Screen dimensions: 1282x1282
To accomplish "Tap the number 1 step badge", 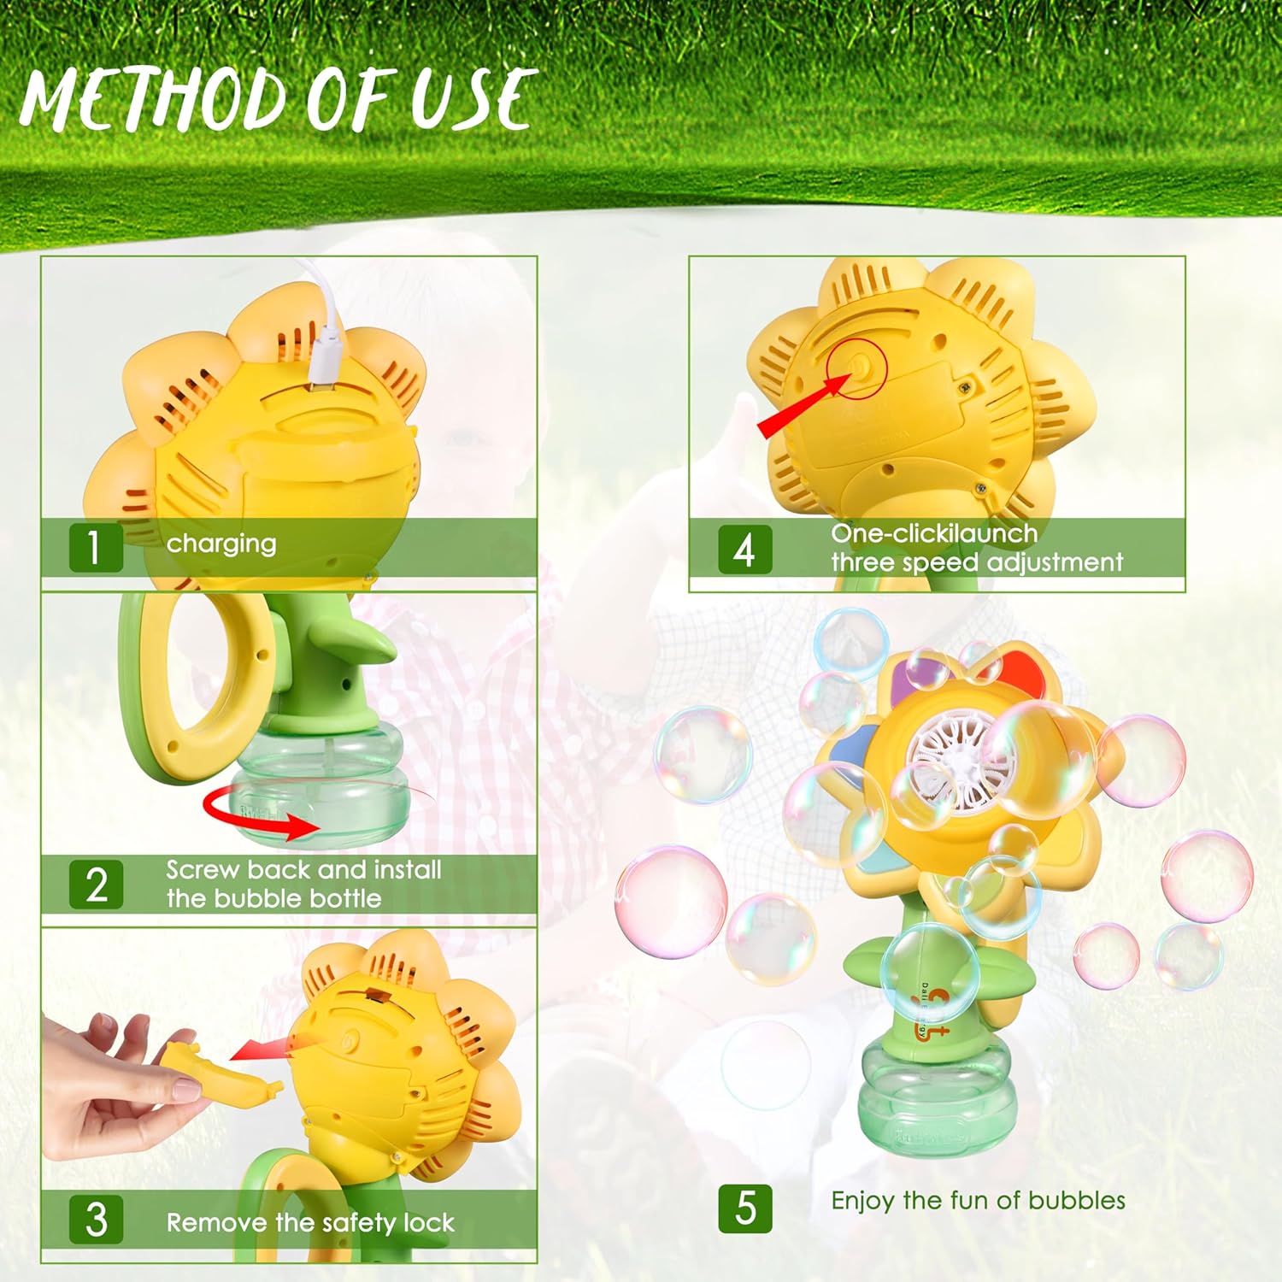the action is [x=96, y=548].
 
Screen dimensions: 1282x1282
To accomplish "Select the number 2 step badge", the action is [x=96, y=884].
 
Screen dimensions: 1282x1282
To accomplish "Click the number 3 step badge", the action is [x=96, y=1219].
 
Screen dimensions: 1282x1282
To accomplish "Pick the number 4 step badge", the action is [x=744, y=549].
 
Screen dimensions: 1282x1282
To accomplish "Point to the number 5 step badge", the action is [x=745, y=1208].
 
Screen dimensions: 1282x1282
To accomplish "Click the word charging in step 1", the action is [x=221, y=544].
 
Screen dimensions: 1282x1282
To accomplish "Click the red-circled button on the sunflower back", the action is [x=857, y=368].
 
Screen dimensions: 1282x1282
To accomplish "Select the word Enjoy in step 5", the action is [x=864, y=1202].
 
